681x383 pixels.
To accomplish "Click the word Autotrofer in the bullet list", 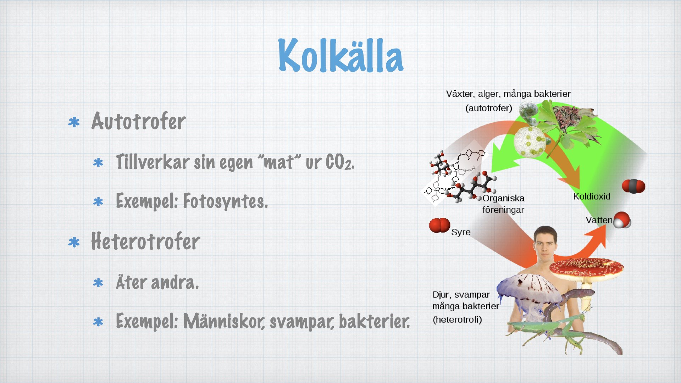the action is click(138, 121).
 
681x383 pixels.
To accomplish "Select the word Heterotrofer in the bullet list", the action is click(145, 242).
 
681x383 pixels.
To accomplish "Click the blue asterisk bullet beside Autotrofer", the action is click(74, 122).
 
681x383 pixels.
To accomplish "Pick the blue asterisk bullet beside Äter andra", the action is click(98, 283).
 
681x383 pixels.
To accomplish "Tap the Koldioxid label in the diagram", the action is click(592, 196).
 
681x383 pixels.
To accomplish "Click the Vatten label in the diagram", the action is click(599, 220).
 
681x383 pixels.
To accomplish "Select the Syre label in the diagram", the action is click(461, 232).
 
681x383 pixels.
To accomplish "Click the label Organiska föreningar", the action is click(503, 204).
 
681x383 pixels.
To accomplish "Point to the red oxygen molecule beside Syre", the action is click(439, 226).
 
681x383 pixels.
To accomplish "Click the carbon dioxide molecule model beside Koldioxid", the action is click(633, 186).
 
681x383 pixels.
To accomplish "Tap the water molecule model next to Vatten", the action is click(622, 220).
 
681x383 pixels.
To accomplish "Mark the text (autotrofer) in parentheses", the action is click(489, 108).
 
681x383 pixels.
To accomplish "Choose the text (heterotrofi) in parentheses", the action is click(457, 320).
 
